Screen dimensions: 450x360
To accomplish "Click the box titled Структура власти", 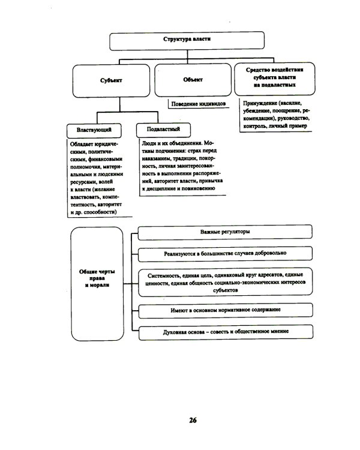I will [187, 40].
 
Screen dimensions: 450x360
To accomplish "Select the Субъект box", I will [112, 80].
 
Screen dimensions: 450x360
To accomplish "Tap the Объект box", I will [193, 80].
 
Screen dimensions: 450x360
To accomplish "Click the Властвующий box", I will [94, 130].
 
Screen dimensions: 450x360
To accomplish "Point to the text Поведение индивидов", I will [198, 103].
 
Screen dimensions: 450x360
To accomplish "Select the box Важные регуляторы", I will [225, 232].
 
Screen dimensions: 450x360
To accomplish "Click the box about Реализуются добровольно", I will [225, 254].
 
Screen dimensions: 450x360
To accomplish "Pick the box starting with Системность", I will [225, 281].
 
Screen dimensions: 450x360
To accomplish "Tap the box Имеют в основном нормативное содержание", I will [225, 310].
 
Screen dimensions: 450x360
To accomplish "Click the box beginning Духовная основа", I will [225, 331].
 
